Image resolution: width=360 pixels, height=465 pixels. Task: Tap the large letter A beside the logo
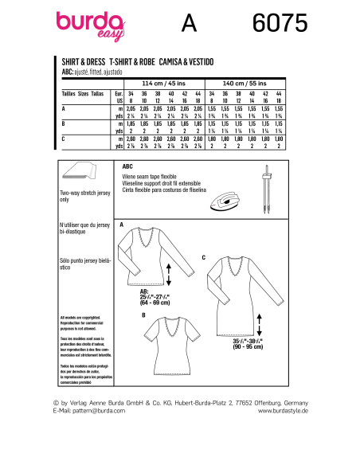coord(189,25)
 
